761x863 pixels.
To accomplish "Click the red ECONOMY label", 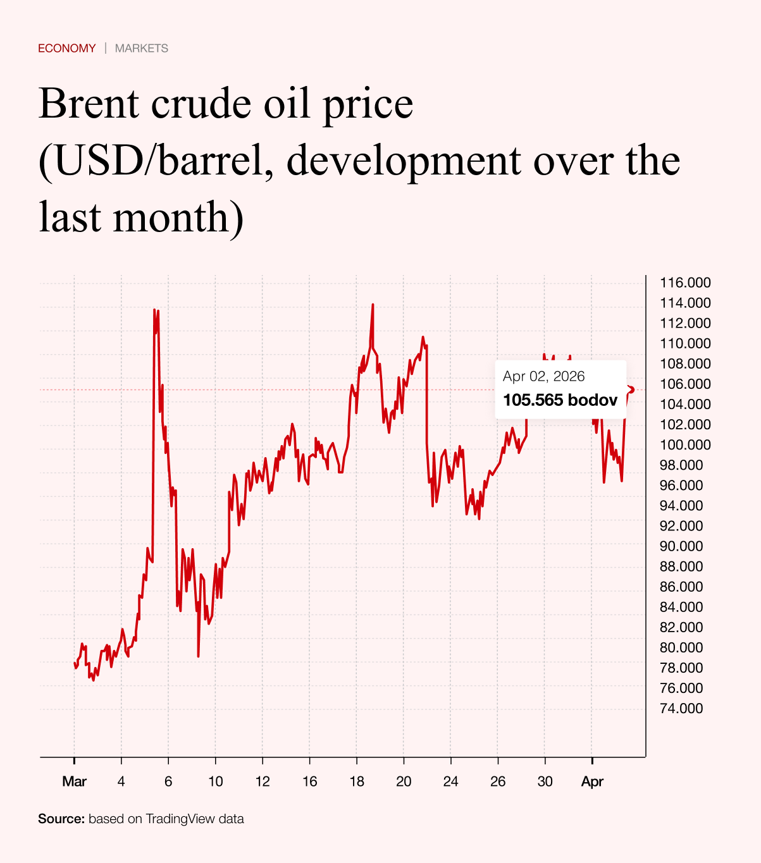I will pyautogui.click(x=66, y=48).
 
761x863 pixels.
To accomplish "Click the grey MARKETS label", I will pyautogui.click(x=142, y=48).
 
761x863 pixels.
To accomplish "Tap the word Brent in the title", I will pyautogui.click(x=89, y=104).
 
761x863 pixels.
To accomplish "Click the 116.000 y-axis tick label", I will pyautogui.click(x=685, y=283).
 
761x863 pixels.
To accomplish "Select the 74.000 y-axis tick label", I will pyautogui.click(x=681, y=708).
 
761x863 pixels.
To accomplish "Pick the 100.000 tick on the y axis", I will pyautogui.click(x=685, y=444).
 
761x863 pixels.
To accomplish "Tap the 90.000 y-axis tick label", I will pyautogui.click(x=681, y=546).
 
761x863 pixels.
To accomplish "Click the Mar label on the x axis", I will pyautogui.click(x=74, y=781).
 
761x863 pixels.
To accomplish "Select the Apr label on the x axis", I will pyautogui.click(x=592, y=781).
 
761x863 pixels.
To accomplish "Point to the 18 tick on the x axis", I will pyautogui.click(x=357, y=781).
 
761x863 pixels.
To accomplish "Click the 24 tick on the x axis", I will pyautogui.click(x=450, y=781).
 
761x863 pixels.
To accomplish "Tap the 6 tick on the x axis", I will pyautogui.click(x=168, y=781).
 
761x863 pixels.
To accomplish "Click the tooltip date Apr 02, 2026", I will pyautogui.click(x=544, y=377).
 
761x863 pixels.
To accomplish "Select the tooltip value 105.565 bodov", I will pyautogui.click(x=560, y=400).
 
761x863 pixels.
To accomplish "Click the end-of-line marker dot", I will pyautogui.click(x=631, y=389).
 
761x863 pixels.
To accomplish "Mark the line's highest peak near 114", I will pyautogui.click(x=373, y=305).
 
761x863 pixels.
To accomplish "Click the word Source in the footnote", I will pyautogui.click(x=61, y=819).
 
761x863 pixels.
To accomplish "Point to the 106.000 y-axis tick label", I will pyautogui.click(x=685, y=384).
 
